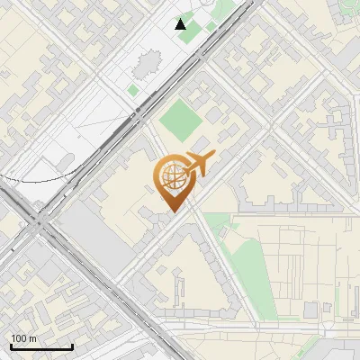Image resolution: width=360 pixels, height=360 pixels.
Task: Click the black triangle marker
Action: pyautogui.click(x=181, y=24)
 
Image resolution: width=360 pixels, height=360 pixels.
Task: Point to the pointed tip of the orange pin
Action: pyautogui.click(x=171, y=211)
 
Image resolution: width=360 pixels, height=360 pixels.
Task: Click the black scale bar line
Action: pyautogui.click(x=41, y=347)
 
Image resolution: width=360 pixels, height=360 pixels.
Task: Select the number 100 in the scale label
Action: pyautogui.click(x=19, y=338)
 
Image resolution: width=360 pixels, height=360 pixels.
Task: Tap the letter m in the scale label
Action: pyautogui.click(x=32, y=338)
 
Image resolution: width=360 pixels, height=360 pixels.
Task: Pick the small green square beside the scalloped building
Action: pyautogui.click(x=132, y=90)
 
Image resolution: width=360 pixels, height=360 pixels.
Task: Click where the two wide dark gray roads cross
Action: pyautogui.click(x=40, y=220)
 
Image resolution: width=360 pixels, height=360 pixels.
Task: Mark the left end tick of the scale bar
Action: pyautogui.click(x=11, y=346)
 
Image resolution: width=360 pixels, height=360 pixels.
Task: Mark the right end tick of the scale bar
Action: pyautogui.click(x=72, y=346)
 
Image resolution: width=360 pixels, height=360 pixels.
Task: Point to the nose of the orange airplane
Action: pyautogui.click(x=214, y=157)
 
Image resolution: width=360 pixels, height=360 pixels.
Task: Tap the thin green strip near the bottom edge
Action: pyautogui.click(x=306, y=346)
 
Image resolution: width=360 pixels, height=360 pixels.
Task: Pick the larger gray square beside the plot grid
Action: pyautogui.click(x=310, y=310)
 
